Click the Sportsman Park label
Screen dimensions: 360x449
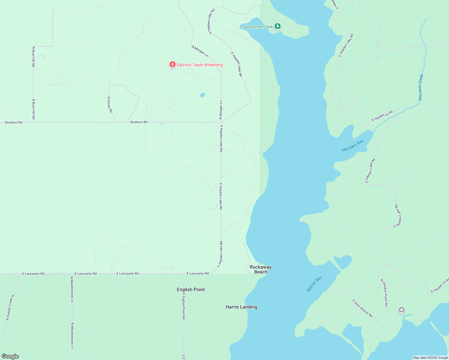[x=258, y=27]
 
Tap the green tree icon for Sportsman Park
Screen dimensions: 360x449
[x=278, y=26]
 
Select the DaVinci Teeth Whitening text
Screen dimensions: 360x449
[x=200, y=65]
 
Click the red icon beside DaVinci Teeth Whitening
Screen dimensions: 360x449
[x=172, y=64]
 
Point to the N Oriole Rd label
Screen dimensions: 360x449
[x=110, y=104]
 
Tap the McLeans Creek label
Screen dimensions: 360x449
[x=421, y=87]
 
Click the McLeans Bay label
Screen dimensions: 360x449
[x=353, y=145]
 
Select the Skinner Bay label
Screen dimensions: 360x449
[x=314, y=284]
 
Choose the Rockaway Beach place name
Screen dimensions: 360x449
[x=261, y=269]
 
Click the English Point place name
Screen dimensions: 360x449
[x=191, y=289]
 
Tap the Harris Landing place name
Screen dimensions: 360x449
[x=241, y=307]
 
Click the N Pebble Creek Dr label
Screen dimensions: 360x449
[x=10, y=307]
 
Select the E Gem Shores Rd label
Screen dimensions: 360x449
[x=362, y=308]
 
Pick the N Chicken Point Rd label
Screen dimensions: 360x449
[x=384, y=292]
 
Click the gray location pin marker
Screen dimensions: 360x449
[x=401, y=310]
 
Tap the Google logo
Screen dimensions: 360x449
[x=10, y=356]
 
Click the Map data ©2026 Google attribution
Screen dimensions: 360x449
[x=430, y=358]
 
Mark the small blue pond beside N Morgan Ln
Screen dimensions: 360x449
[x=202, y=95]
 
